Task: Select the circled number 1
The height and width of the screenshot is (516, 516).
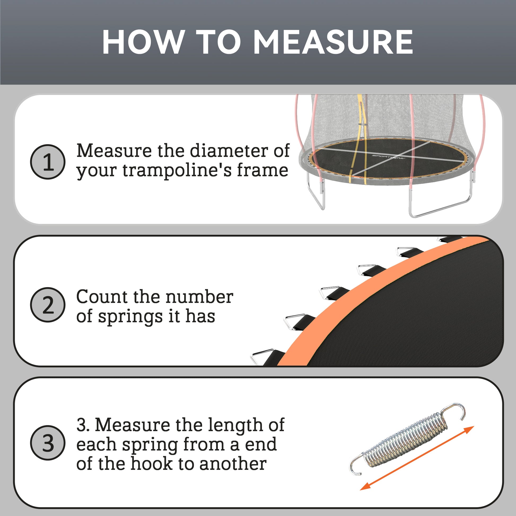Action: pos(47,162)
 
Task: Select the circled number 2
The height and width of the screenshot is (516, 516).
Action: pos(47,305)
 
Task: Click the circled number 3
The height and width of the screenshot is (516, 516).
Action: pos(47,443)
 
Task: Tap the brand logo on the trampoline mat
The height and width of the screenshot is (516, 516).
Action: pos(389,156)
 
